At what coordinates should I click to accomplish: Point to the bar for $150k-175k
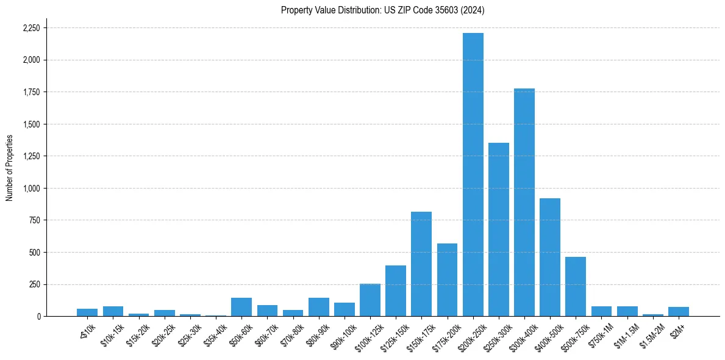coord(421,264)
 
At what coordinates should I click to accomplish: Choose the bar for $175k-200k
coord(447,280)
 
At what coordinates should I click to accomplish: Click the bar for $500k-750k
coord(576,287)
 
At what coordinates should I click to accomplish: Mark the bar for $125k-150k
coord(396,291)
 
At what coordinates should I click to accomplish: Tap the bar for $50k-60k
coord(241,307)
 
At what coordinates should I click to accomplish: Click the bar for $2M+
coord(679,312)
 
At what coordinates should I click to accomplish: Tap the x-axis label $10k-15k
coord(112,332)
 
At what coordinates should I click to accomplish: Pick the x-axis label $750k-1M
coord(600,333)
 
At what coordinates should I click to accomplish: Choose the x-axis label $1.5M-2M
coord(651,333)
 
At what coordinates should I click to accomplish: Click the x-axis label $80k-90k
coord(317,332)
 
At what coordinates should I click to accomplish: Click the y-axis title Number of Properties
coord(9,167)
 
